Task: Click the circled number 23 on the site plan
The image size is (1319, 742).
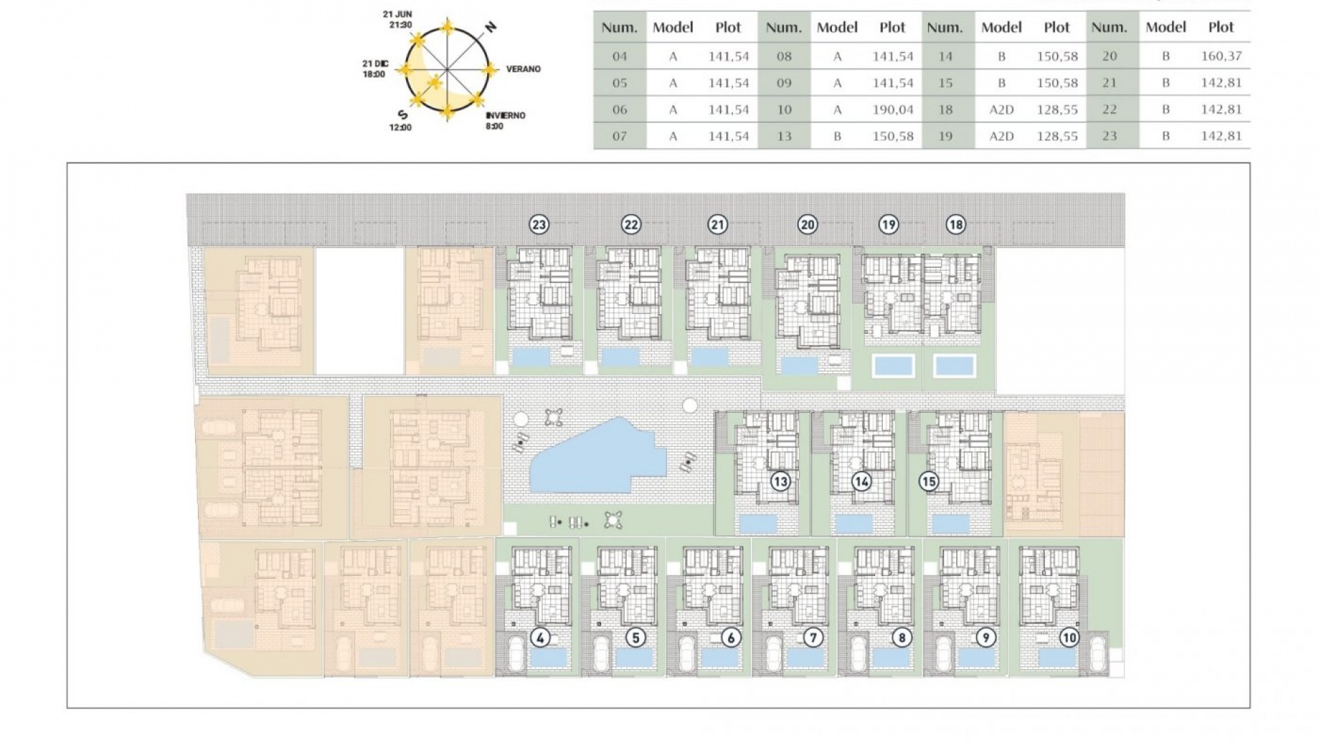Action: point(539,224)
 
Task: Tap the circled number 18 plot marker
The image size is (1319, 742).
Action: point(956,224)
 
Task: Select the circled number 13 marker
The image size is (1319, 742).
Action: point(780,482)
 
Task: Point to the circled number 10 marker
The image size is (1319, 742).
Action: point(1069,638)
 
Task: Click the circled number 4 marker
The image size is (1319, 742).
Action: point(540,638)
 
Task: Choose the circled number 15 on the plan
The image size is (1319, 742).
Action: point(929,482)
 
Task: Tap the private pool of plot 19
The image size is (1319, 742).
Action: point(893,365)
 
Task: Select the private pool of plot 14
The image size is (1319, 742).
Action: point(854,524)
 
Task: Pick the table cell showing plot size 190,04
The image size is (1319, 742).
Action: point(892,109)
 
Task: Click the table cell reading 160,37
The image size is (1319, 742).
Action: point(1221,56)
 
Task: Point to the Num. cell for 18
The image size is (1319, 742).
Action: point(945,109)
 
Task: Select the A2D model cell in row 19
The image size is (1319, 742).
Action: point(1001,136)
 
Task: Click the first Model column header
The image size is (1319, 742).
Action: point(673,27)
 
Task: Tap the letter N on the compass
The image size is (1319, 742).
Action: point(491,27)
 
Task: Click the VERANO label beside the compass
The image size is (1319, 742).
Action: point(523,69)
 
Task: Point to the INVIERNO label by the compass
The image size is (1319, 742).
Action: point(505,115)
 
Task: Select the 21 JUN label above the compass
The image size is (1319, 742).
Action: point(398,14)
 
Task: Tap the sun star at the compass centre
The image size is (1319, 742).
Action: point(434,83)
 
